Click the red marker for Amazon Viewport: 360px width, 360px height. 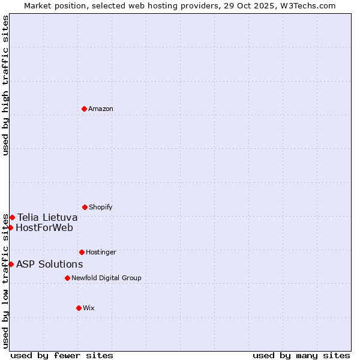[84, 109]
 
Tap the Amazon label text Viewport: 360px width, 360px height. [101, 109]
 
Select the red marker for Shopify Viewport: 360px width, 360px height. [85, 207]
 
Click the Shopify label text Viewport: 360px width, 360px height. [101, 208]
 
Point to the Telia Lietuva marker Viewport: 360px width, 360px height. [12, 217]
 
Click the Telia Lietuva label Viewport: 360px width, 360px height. [47, 217]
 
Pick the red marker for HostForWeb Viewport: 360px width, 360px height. [10, 227]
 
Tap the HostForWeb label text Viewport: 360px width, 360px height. [44, 228]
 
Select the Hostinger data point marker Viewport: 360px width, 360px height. [82, 252]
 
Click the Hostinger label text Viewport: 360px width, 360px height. [101, 253]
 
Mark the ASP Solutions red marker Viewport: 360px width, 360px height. [11, 264]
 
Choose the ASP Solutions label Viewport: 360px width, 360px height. [50, 265]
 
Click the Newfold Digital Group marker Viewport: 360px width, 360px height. [67, 278]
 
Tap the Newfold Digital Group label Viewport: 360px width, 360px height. [106, 278]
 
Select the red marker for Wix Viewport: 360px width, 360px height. [79, 308]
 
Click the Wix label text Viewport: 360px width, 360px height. [89, 308]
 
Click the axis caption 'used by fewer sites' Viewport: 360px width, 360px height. [62, 356]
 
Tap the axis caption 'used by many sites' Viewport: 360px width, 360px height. [301, 356]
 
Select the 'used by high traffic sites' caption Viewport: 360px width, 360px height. [5, 85]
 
